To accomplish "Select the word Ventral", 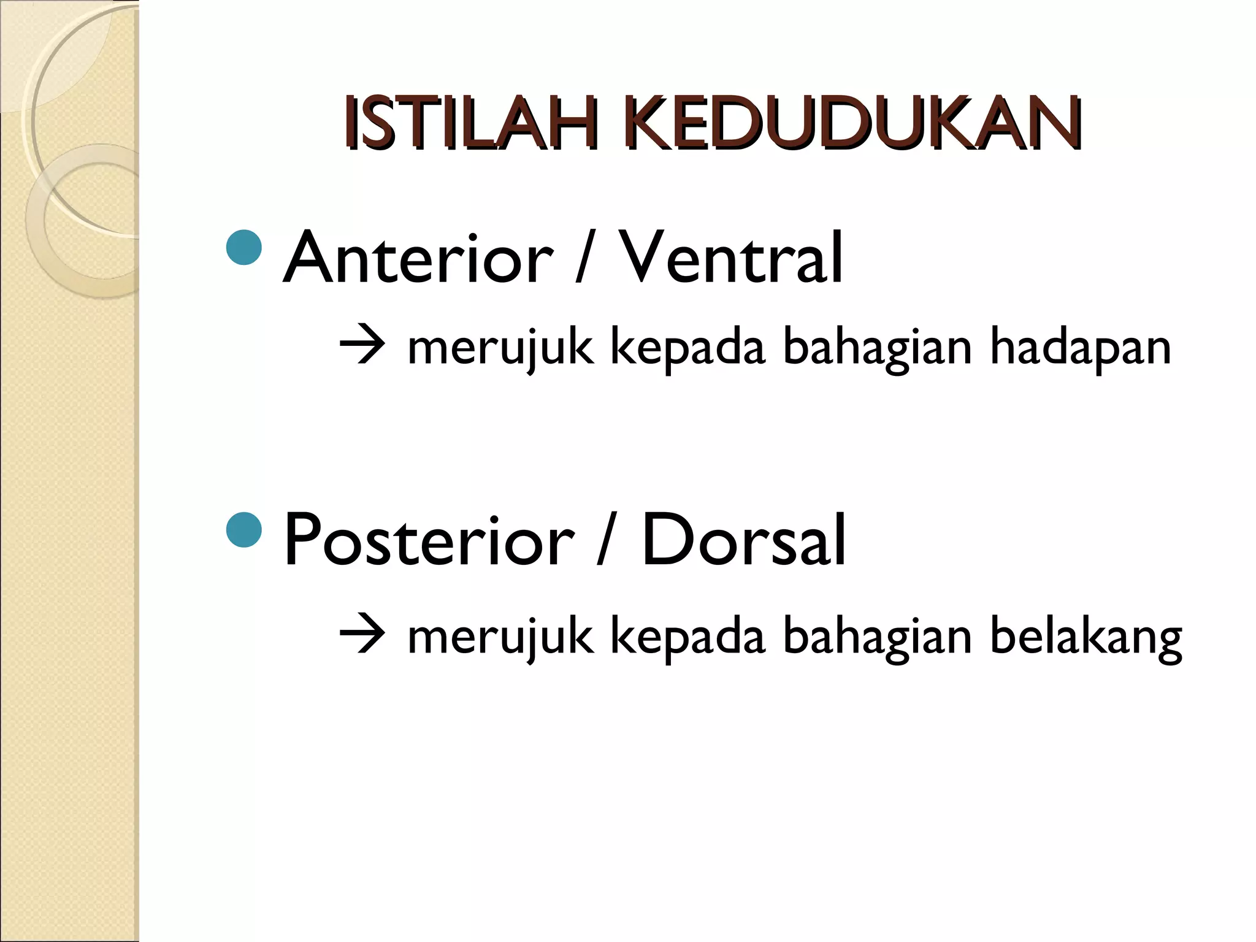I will [x=730, y=258].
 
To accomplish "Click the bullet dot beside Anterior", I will [x=244, y=247].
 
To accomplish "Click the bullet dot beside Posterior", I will [x=244, y=530].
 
